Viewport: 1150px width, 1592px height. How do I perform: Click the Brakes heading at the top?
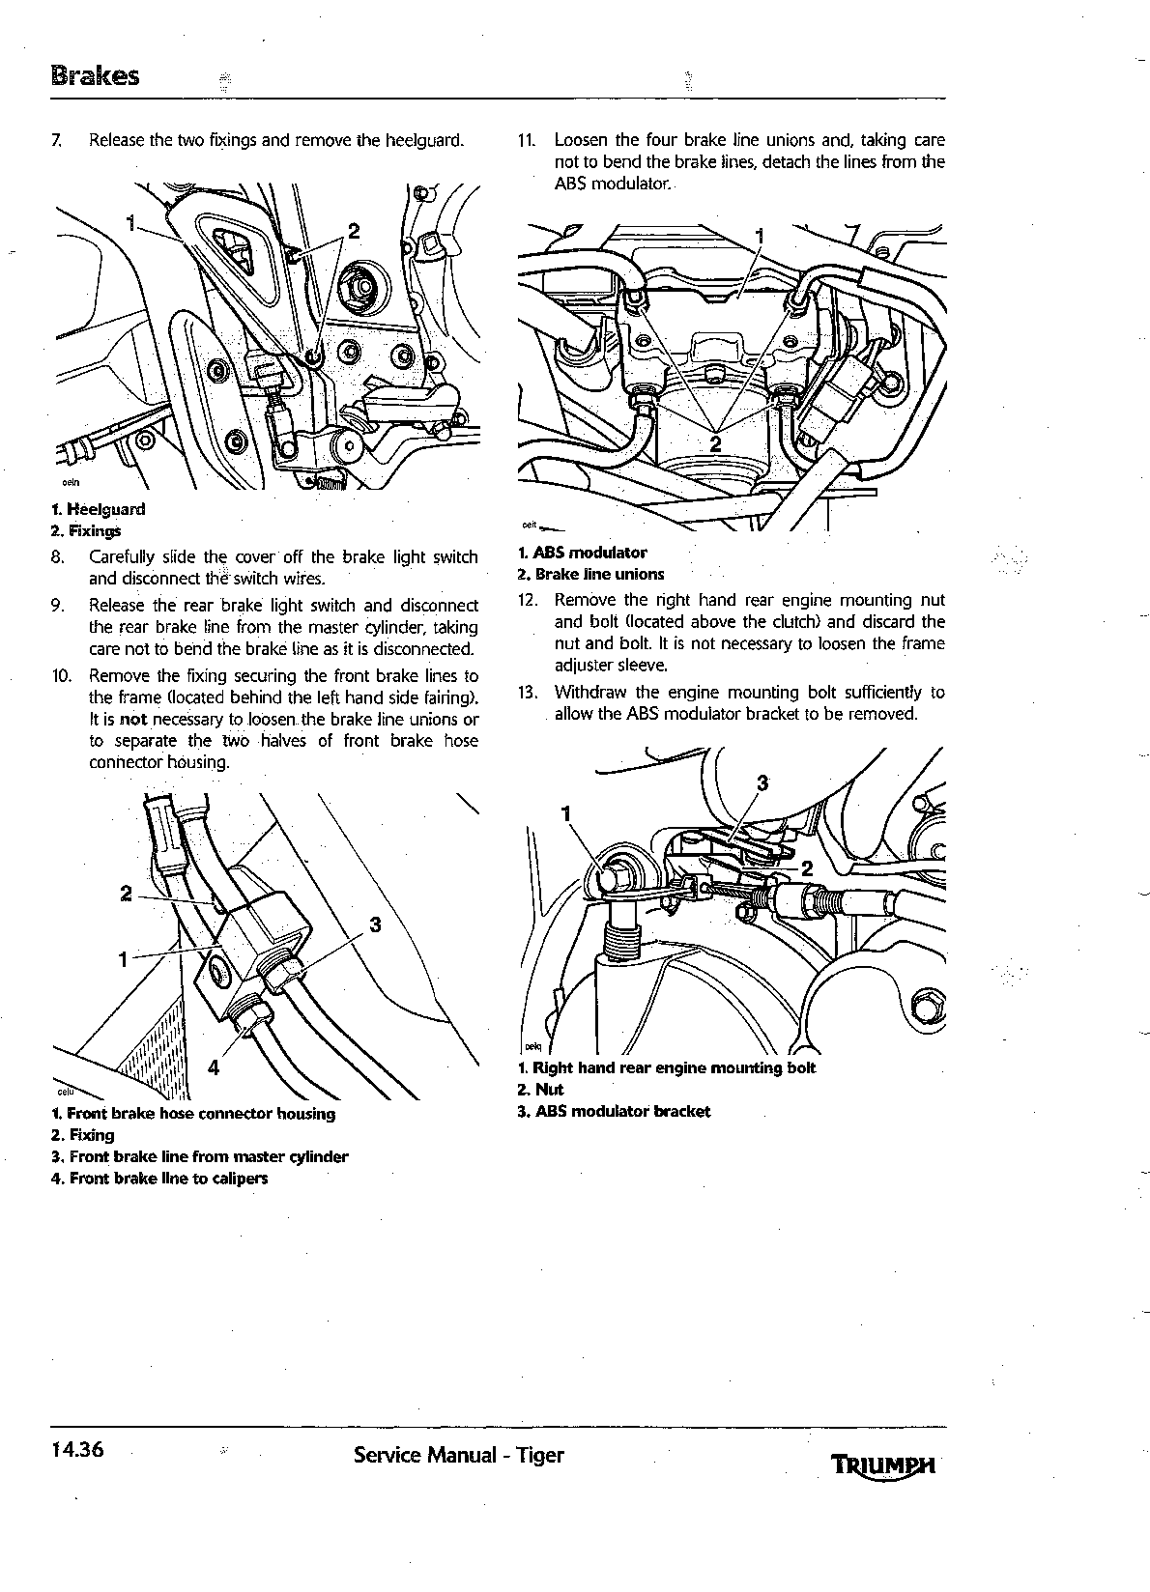click(96, 76)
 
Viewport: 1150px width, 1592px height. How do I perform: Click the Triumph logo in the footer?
click(882, 1466)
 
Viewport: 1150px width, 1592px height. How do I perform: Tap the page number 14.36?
click(77, 1449)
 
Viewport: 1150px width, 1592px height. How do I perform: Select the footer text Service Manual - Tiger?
click(459, 1455)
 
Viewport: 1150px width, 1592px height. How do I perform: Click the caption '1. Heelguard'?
click(99, 509)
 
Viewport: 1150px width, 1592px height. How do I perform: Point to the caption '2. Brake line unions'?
click(591, 574)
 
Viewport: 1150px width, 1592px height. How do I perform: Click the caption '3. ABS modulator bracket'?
click(614, 1111)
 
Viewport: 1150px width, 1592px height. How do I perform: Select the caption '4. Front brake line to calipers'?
click(159, 1178)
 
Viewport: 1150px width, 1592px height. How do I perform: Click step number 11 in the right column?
click(527, 140)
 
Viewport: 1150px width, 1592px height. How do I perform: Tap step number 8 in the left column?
click(58, 556)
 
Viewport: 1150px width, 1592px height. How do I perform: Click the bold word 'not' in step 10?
click(133, 720)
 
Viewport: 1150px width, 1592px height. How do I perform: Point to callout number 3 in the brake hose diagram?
click(376, 924)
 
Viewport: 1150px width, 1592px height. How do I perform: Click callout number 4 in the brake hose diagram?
click(214, 1066)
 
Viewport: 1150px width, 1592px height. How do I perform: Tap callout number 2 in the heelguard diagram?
click(354, 231)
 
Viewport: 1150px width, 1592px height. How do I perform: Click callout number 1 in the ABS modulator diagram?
click(759, 236)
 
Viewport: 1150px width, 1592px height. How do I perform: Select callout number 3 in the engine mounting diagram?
click(762, 783)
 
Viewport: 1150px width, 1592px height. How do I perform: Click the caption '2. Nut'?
click(540, 1090)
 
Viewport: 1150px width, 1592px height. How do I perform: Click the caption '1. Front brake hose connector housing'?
click(192, 1113)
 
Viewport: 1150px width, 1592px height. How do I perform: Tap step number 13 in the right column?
click(527, 693)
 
